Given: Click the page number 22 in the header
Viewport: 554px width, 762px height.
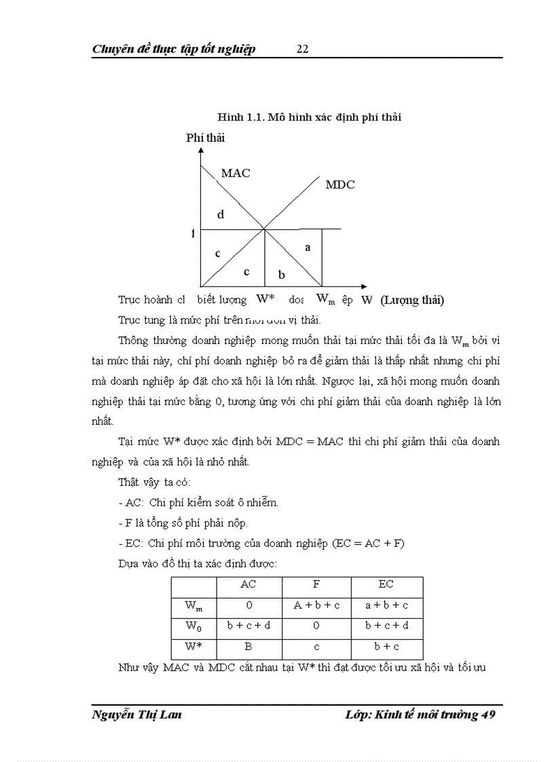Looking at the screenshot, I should click(303, 49).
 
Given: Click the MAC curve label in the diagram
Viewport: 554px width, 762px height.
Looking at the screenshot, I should click(235, 173).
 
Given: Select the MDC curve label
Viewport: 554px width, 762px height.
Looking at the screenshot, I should click(340, 185).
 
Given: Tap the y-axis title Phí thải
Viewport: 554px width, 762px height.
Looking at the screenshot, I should click(206, 138).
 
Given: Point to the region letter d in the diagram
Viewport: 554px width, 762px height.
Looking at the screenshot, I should click(221, 214).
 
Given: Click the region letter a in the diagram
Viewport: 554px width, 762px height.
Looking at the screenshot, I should click(308, 248).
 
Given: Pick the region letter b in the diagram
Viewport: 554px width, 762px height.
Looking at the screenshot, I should click(282, 274).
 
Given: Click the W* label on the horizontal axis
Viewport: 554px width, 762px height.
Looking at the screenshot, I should click(265, 299).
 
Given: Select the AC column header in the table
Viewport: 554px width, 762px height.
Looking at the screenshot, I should click(248, 584).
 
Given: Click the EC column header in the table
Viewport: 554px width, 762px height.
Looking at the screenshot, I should click(386, 584).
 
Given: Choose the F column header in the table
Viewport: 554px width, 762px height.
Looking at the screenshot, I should click(316, 584).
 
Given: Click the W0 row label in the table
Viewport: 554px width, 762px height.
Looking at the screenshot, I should click(193, 626).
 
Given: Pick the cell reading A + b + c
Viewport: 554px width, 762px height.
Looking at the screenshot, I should click(316, 605).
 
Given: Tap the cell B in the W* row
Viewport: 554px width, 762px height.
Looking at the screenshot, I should click(248, 647).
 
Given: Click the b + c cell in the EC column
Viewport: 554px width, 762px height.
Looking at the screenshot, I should click(386, 647).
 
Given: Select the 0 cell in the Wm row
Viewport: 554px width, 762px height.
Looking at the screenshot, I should click(248, 605).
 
